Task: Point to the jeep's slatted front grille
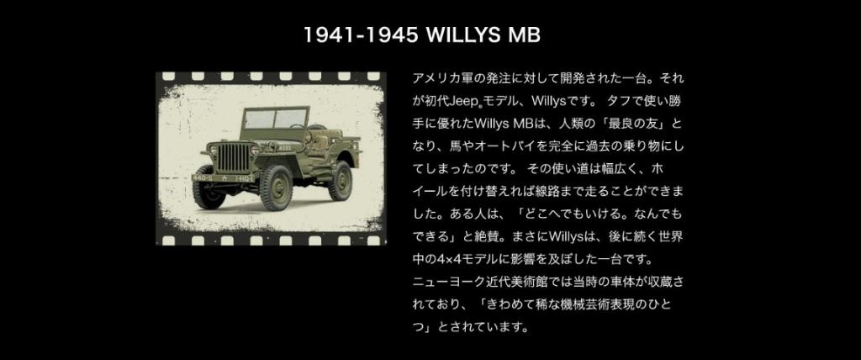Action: (x=233, y=157)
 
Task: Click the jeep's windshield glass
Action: (x=275, y=119)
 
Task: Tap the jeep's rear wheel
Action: (x=341, y=179)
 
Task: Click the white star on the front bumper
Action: (x=224, y=178)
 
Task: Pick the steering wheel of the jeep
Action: (x=297, y=126)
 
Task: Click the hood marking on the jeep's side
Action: (x=285, y=147)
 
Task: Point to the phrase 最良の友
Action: (x=635, y=124)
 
